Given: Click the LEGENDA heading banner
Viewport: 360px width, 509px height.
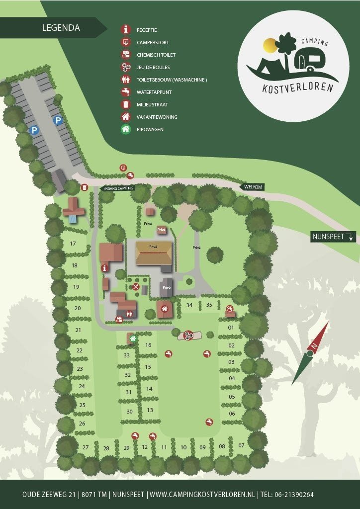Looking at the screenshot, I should [61, 28].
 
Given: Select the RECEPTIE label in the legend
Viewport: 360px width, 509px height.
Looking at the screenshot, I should [147, 30].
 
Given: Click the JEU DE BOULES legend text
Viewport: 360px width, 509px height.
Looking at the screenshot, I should [153, 67].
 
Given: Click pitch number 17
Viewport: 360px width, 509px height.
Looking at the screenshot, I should [73, 244].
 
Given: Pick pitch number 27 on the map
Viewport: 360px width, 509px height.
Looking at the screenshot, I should [86, 447].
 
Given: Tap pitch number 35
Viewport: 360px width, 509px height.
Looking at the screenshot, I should [209, 305].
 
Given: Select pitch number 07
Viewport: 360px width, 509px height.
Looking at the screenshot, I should [242, 445].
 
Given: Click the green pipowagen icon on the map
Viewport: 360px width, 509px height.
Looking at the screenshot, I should [133, 339].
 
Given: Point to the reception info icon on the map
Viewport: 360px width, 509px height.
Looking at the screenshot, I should [104, 268].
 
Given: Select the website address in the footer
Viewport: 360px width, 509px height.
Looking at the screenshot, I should [202, 495].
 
